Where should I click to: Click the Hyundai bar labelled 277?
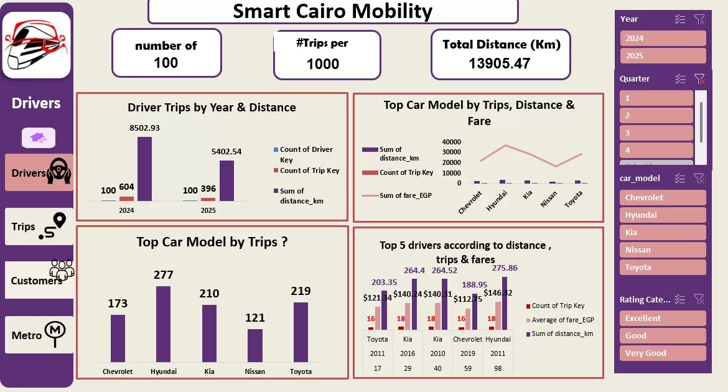coord(163,324)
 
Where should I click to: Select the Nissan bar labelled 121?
coord(255,345)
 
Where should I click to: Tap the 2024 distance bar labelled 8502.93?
coord(144,169)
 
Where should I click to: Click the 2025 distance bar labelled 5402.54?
coord(226,180)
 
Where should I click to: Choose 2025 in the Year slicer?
coord(663,56)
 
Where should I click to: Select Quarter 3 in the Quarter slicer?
coord(656,133)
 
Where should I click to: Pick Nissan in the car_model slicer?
coord(663,250)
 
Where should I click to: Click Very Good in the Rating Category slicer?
coord(663,353)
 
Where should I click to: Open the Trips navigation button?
coord(39,226)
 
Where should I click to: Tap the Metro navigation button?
coord(39,335)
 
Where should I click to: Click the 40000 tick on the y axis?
coord(451,142)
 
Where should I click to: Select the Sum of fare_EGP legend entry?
coord(398,196)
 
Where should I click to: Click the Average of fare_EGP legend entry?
coord(562,320)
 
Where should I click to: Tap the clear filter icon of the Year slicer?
coord(699,19)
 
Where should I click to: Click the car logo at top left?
coord(36,45)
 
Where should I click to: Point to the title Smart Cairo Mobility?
coord(332,11)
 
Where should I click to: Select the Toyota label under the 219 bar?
coord(301,371)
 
